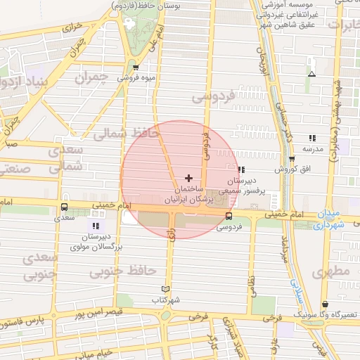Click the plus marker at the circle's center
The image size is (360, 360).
(x=188, y=178)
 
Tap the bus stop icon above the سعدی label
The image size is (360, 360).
(x=65, y=207)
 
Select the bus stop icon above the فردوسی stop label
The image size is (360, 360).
(x=229, y=216)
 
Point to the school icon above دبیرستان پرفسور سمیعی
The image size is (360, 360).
(x=241, y=169)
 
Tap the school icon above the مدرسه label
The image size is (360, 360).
(x=312, y=138)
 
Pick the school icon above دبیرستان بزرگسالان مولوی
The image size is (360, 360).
(x=95, y=226)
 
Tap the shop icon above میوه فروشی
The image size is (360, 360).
(x=136, y=68)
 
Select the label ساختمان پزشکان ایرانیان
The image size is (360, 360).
(x=187, y=195)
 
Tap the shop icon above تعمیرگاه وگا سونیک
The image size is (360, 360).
(x=324, y=304)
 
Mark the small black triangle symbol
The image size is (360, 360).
(x=311, y=73)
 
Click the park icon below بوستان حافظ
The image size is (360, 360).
(x=128, y=22)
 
